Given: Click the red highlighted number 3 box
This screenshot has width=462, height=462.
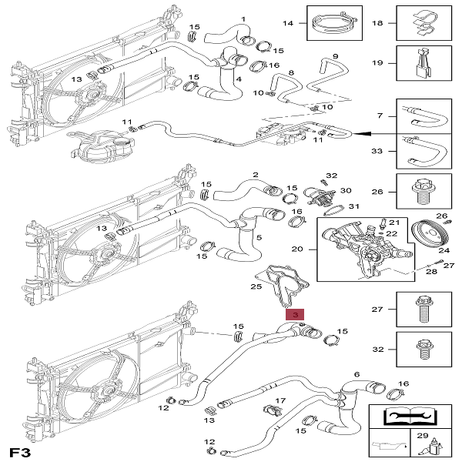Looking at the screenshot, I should [x=295, y=315].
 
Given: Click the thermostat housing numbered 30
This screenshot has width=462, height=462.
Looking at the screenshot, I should [x=315, y=195].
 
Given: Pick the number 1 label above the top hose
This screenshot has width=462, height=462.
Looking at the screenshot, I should [x=243, y=18].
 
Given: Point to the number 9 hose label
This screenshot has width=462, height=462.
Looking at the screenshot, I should [x=335, y=56].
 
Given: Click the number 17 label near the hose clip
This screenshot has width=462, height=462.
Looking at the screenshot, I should [x=280, y=400].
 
